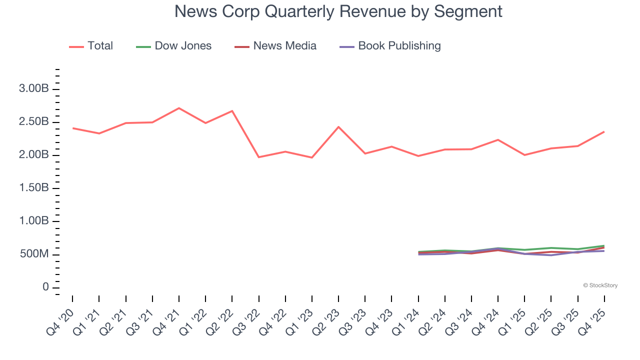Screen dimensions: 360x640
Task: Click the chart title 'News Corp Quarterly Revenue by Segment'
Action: click(338, 11)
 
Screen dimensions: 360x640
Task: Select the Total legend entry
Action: click(91, 46)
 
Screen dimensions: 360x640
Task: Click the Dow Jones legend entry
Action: click(173, 46)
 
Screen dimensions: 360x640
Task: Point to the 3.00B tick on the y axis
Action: click(34, 89)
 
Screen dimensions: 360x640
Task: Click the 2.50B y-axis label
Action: click(34, 122)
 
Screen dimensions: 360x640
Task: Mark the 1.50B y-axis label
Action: click(34, 188)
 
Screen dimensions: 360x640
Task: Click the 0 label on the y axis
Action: click(45, 287)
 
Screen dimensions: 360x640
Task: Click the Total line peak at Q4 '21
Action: click(179, 108)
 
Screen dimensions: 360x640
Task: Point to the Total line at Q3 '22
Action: click(259, 157)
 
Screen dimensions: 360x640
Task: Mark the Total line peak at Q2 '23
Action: click(338, 127)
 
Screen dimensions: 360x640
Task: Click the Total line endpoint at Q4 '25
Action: click(604, 132)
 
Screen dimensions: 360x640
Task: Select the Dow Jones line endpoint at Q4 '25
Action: click(604, 245)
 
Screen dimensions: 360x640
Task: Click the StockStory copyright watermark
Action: click(600, 285)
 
